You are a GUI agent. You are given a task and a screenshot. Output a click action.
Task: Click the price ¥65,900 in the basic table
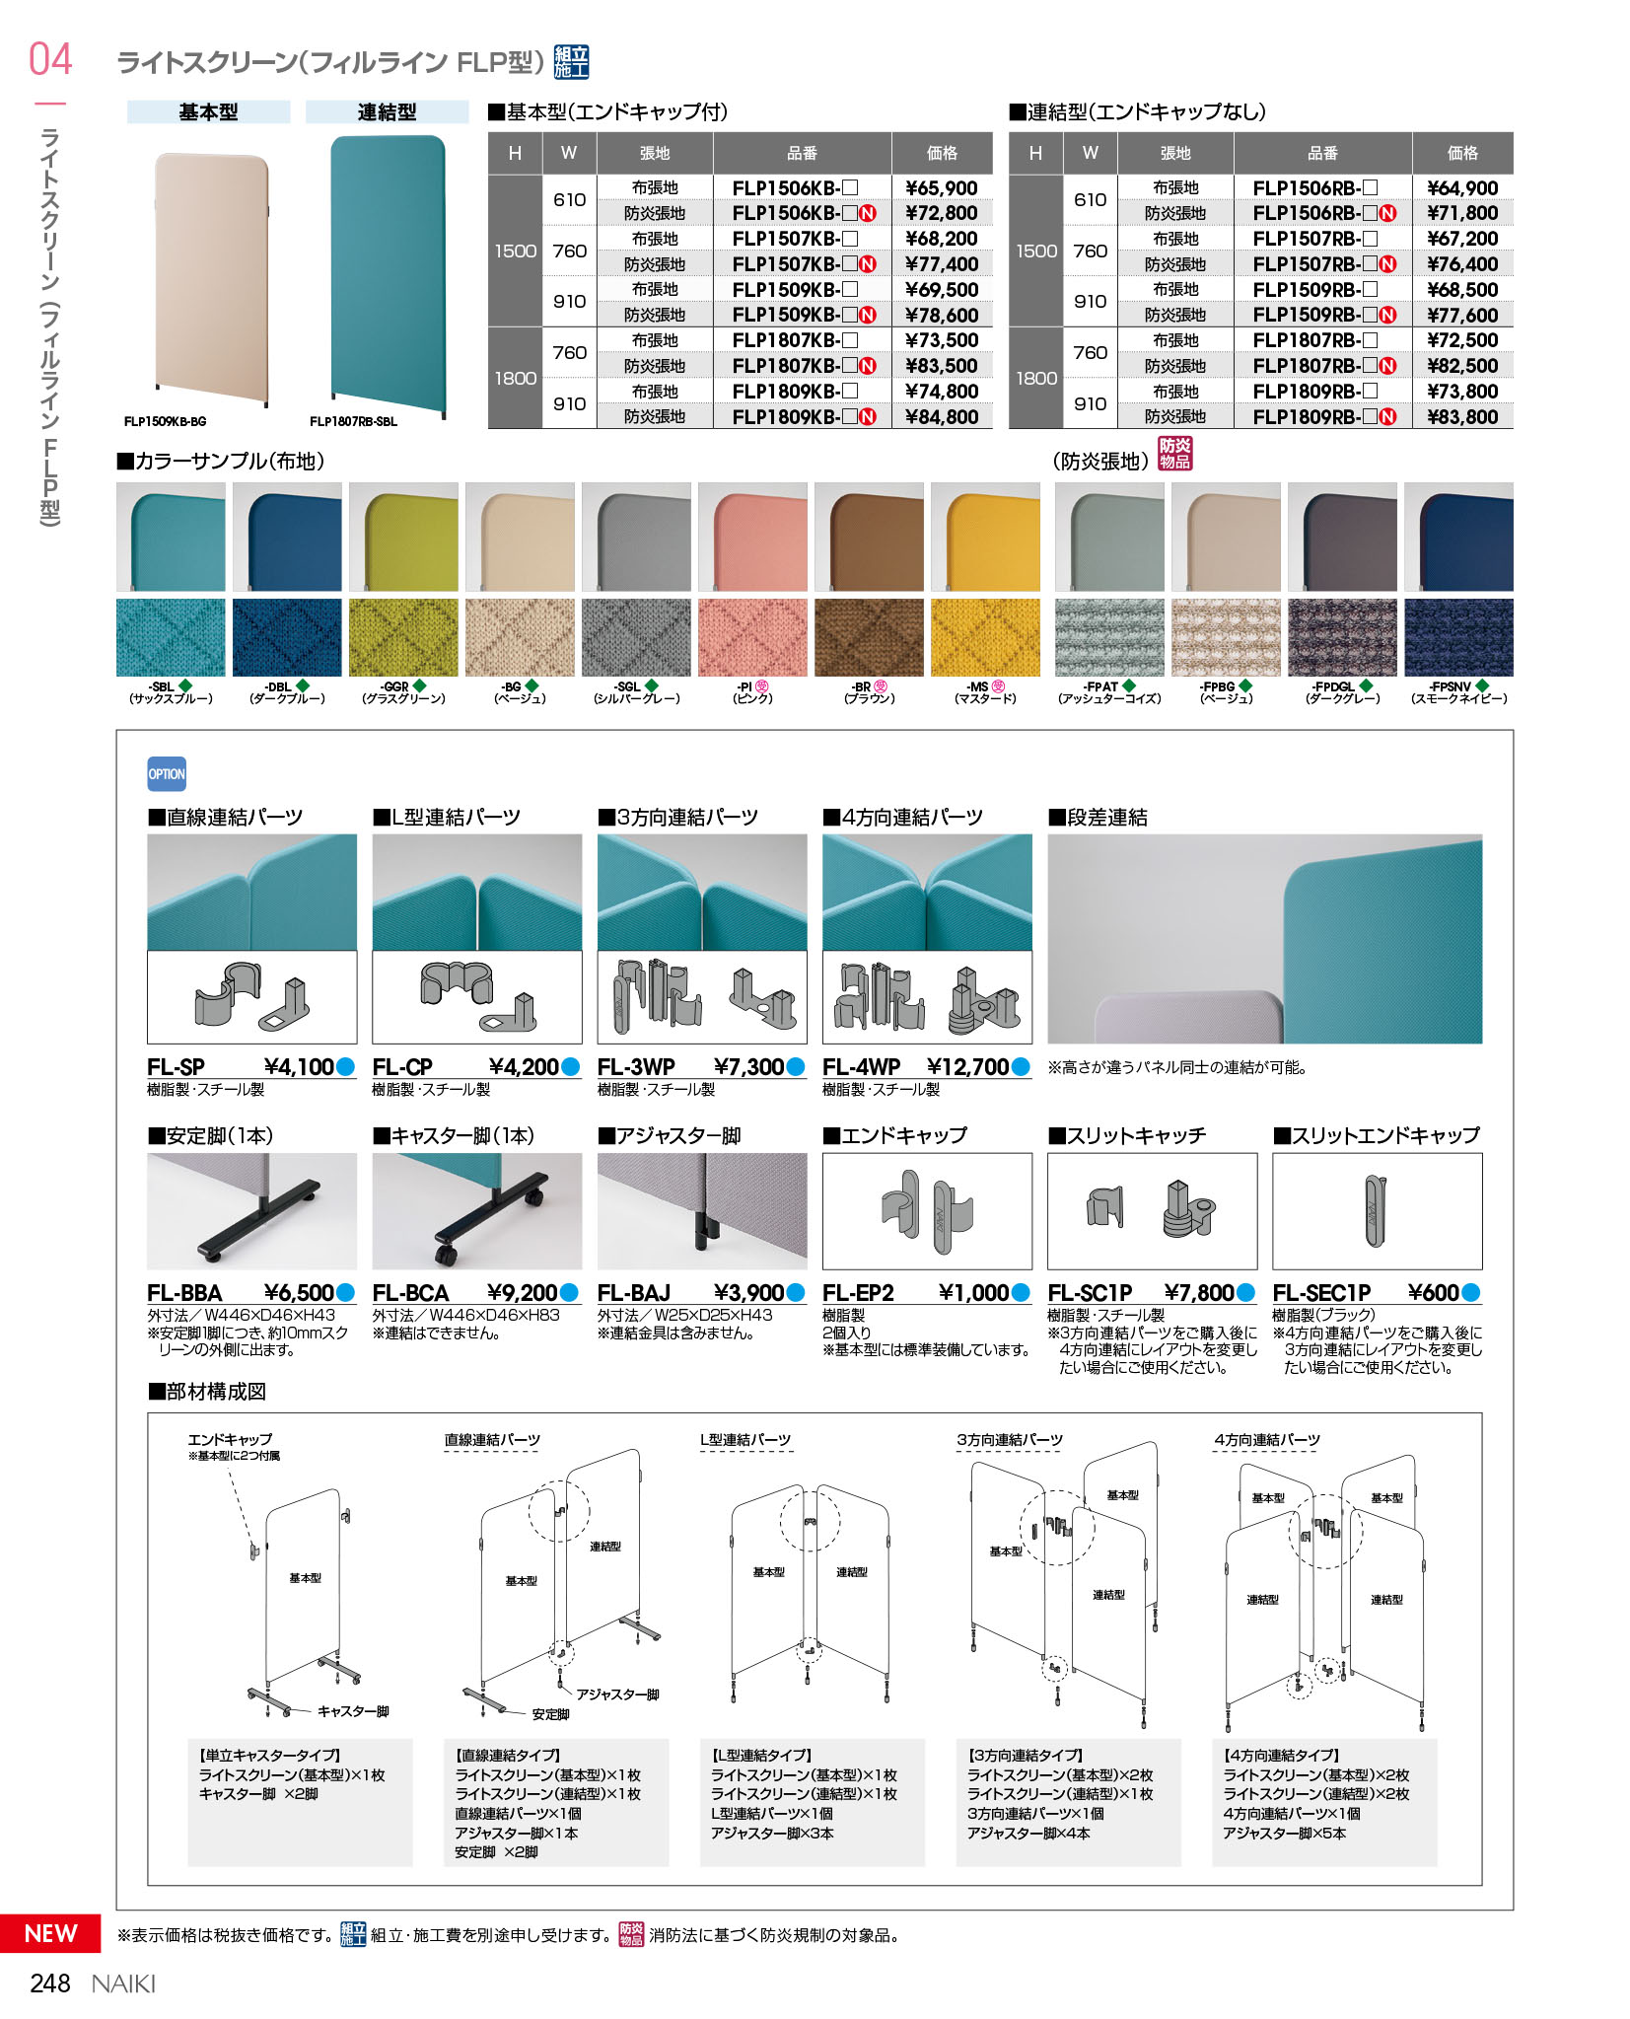[941, 187]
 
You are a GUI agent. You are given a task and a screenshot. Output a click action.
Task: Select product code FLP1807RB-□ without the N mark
[1313, 340]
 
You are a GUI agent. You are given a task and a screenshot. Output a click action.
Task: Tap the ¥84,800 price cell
[941, 417]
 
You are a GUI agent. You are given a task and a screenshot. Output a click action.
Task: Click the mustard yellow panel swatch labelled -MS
[985, 537]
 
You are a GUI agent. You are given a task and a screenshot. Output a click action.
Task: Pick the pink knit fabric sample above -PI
[752, 637]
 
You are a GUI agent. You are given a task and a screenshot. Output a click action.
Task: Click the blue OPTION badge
[167, 774]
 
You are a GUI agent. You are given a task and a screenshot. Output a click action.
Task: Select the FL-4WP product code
[861, 1067]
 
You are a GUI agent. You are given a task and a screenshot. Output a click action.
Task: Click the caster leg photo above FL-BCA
[477, 1211]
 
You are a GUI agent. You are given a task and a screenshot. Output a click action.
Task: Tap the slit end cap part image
[1377, 1211]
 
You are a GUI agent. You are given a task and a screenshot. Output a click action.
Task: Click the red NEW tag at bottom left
[50, 1933]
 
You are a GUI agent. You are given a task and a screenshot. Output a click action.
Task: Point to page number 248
[50, 1983]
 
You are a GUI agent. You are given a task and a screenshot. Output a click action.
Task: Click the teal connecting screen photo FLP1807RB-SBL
[388, 276]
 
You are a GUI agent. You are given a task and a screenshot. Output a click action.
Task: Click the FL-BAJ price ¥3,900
[748, 1293]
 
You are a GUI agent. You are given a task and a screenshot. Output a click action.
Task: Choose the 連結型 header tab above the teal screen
[387, 112]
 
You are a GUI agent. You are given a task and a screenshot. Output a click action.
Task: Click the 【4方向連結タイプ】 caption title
[1281, 1756]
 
